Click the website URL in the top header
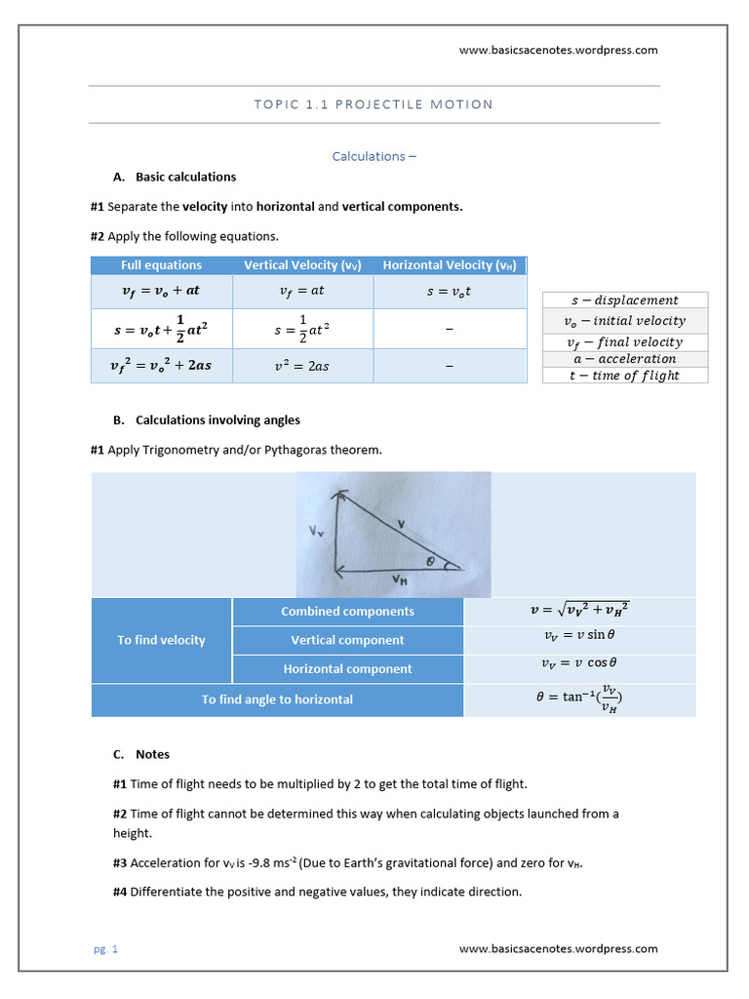(x=558, y=50)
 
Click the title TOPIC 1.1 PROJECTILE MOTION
(x=374, y=104)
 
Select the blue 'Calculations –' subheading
(x=374, y=156)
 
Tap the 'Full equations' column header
(x=161, y=265)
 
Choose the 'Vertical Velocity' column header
(x=302, y=265)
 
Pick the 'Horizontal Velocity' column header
(x=450, y=265)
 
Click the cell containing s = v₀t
(x=449, y=291)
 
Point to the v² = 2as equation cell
(x=302, y=366)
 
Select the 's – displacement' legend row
(x=624, y=300)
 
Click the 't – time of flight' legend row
(x=624, y=376)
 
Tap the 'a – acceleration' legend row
(x=624, y=358)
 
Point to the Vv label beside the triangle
(x=316, y=532)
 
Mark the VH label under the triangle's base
(x=399, y=579)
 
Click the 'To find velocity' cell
(x=161, y=640)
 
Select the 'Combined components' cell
(x=347, y=612)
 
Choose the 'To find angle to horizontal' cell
(x=277, y=699)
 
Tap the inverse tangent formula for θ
(x=579, y=699)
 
